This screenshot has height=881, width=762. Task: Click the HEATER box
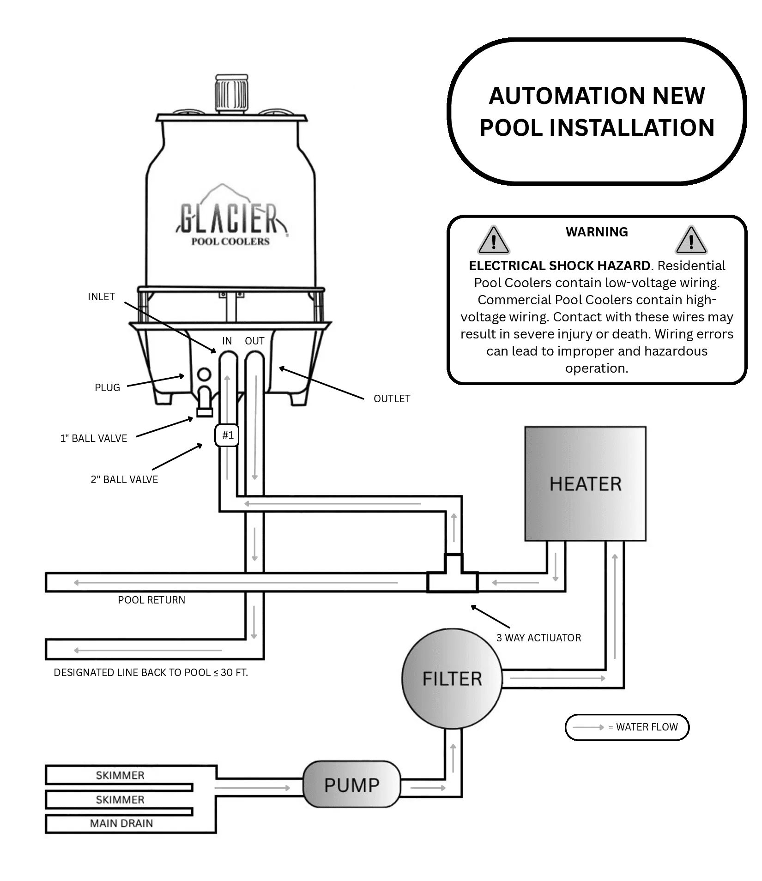pos(585,483)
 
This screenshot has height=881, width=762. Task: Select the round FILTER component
pos(452,679)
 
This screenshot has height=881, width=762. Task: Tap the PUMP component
pos(351,784)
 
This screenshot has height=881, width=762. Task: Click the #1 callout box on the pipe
pos(227,435)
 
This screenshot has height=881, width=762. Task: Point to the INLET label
pos(101,297)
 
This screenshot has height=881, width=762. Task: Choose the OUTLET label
pos(392,398)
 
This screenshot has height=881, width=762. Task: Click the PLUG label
pos(107,387)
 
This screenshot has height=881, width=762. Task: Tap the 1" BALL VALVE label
pos(94,438)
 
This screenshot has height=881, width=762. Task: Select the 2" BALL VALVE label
pos(124,479)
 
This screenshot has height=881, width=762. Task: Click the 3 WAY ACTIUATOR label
pos(538,638)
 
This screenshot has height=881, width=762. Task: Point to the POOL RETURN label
pos(151,600)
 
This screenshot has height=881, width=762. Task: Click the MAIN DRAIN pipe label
pos(121,823)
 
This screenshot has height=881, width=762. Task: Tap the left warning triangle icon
pos(494,240)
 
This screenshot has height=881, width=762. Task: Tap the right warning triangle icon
pos(691,240)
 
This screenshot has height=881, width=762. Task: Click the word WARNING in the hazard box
pos(597,232)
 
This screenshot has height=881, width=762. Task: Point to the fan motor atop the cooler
pos(231,93)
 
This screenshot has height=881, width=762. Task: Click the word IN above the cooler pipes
pos(227,341)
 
